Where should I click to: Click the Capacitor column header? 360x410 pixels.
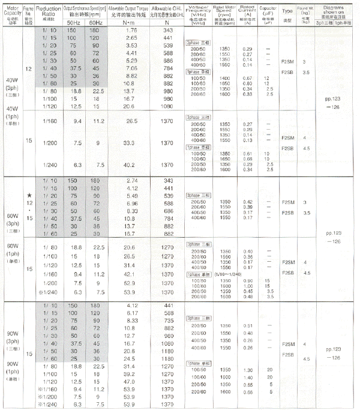click(266, 11)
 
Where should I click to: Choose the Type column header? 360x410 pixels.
click(287, 11)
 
